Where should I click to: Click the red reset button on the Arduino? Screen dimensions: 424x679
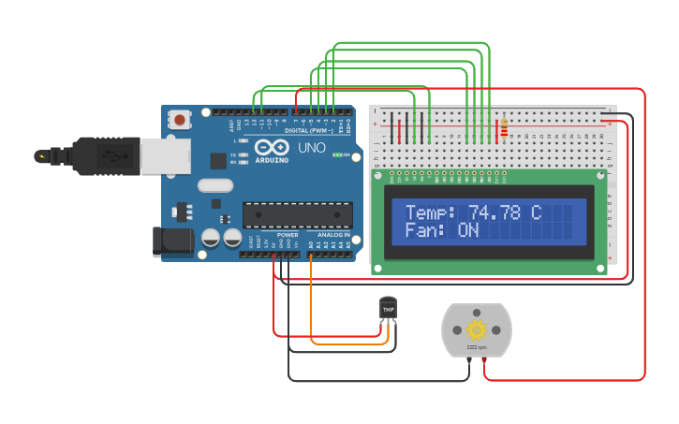pos(178,119)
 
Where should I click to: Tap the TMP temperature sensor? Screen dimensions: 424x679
pos(388,308)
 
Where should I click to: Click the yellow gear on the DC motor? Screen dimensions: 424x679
pos(477,329)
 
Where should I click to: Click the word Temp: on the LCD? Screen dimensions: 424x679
pos(430,212)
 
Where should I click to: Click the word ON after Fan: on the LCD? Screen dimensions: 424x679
pos(468,230)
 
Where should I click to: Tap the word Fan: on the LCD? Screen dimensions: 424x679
pos(424,230)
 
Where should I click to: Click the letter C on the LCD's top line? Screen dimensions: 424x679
pos(536,212)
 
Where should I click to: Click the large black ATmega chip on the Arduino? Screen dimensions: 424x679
pos(298,214)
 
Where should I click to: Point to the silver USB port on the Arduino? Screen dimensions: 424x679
pos(165,155)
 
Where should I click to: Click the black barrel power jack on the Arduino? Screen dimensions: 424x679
pos(172,242)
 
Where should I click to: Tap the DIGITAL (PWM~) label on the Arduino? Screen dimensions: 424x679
pos(309,130)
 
